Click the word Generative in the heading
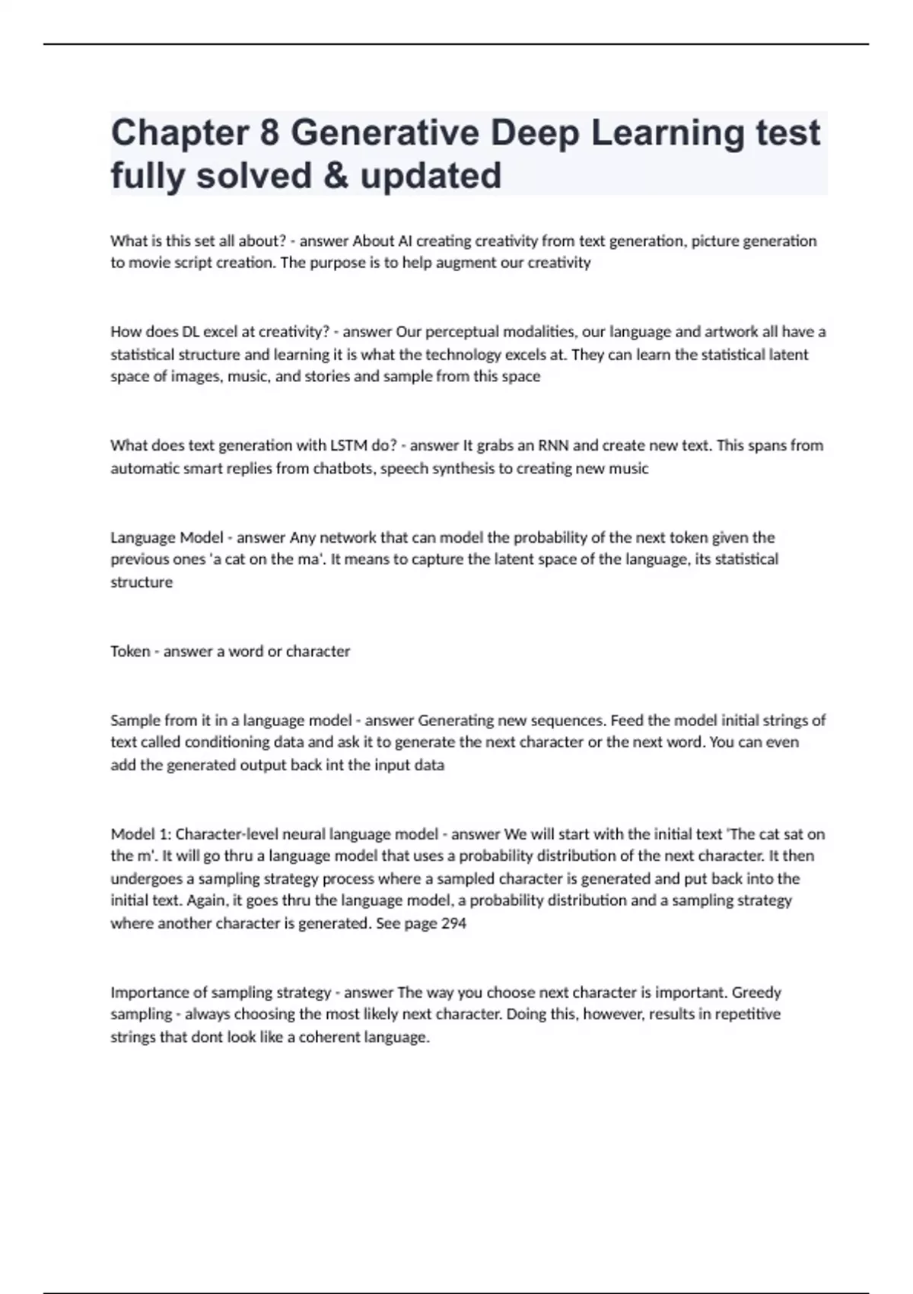(x=384, y=132)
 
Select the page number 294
(x=453, y=923)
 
